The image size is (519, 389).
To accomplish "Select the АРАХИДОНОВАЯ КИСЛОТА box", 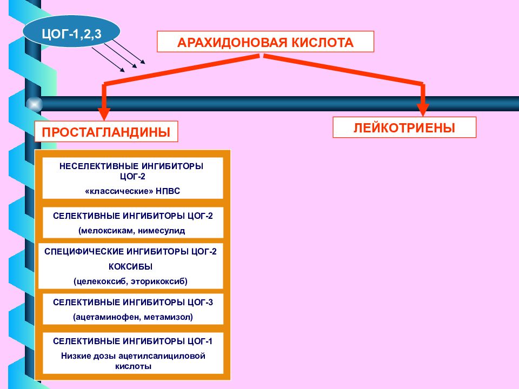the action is pyautogui.click(x=265, y=42).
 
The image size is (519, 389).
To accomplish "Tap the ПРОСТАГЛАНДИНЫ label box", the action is pyautogui.click(x=107, y=132).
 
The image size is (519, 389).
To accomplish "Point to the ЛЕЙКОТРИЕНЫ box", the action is pyautogui.click(x=404, y=128).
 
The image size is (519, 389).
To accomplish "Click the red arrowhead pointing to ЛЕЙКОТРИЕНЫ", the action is pyautogui.click(x=423, y=110).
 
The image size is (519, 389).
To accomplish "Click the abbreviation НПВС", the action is pyautogui.click(x=168, y=191).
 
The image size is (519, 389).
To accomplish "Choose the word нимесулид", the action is pyautogui.click(x=162, y=231).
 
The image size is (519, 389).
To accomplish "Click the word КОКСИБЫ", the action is pyautogui.click(x=130, y=266).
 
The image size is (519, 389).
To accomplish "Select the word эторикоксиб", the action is pyautogui.click(x=158, y=281).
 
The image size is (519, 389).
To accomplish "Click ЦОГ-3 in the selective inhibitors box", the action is pyautogui.click(x=200, y=303).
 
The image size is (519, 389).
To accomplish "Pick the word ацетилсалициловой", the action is pyautogui.click(x=162, y=356).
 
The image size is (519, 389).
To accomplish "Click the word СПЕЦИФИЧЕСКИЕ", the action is pyautogui.click(x=83, y=252).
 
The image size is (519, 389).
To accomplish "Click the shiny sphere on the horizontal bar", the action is pyautogui.click(x=34, y=104).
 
